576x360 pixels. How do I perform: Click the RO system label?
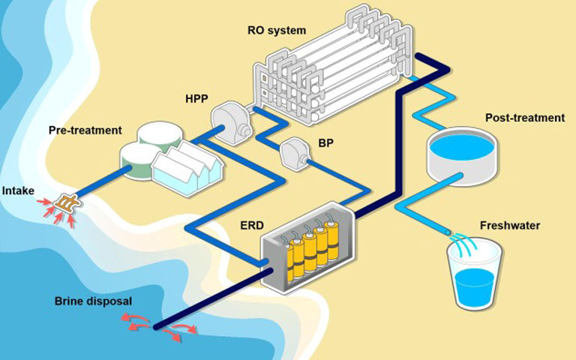276,31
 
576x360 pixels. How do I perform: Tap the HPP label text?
197,98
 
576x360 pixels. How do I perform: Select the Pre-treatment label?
85,130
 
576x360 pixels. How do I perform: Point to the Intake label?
17,190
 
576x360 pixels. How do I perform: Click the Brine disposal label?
93,301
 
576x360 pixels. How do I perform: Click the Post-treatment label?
524,118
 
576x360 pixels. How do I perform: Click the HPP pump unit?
230,121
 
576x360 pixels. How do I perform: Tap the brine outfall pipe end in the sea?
155,325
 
